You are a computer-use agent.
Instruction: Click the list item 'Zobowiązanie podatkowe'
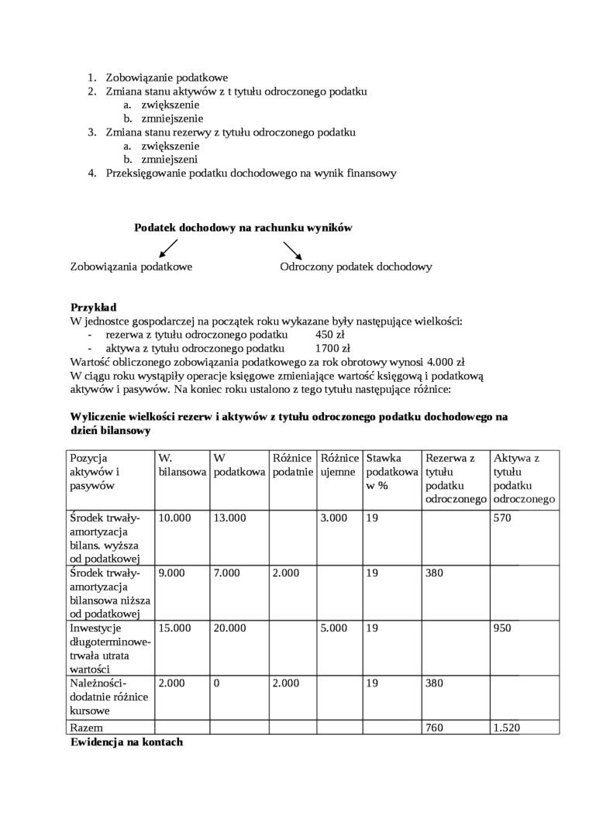[167, 77]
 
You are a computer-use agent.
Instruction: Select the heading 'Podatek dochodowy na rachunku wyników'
[243, 228]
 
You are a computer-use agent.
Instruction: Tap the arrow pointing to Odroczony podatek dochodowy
[292, 250]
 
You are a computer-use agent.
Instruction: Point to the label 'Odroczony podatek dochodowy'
[356, 267]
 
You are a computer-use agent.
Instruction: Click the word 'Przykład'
[93, 307]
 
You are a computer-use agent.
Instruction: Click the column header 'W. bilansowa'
[181, 465]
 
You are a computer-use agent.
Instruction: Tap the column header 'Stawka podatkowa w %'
[391, 471]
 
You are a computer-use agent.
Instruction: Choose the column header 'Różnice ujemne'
[339, 465]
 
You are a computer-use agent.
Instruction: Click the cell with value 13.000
[230, 518]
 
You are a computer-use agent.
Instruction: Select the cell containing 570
[502, 518]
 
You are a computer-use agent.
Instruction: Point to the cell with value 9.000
[174, 573]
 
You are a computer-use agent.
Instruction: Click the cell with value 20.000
[230, 628]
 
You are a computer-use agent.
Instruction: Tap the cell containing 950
[502, 628]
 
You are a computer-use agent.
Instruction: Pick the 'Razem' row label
[87, 728]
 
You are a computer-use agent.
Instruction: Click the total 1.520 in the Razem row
[508, 728]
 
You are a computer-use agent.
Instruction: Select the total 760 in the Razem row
[436, 728]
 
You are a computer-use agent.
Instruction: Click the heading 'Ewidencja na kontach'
[126, 742]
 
